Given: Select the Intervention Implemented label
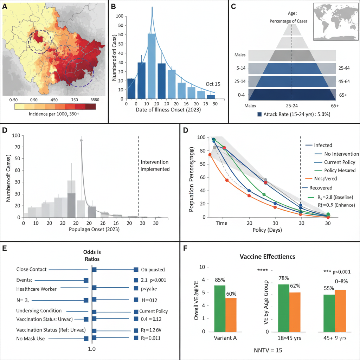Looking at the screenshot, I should click(x=155, y=165).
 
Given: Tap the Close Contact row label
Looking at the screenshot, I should click(x=31, y=270).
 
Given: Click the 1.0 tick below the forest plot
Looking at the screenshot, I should click(x=92, y=349).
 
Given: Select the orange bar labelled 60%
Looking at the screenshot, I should click(x=231, y=315).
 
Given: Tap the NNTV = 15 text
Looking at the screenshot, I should click(x=268, y=350).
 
